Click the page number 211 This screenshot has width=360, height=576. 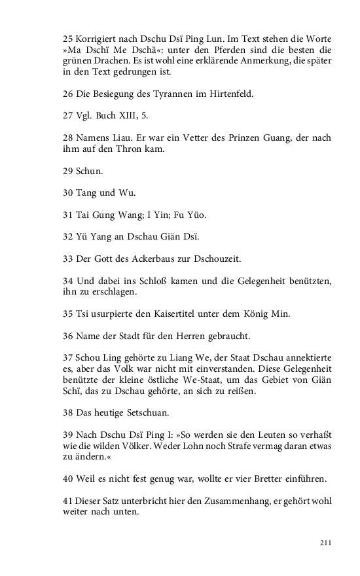326,543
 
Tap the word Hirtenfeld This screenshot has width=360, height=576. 229,94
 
